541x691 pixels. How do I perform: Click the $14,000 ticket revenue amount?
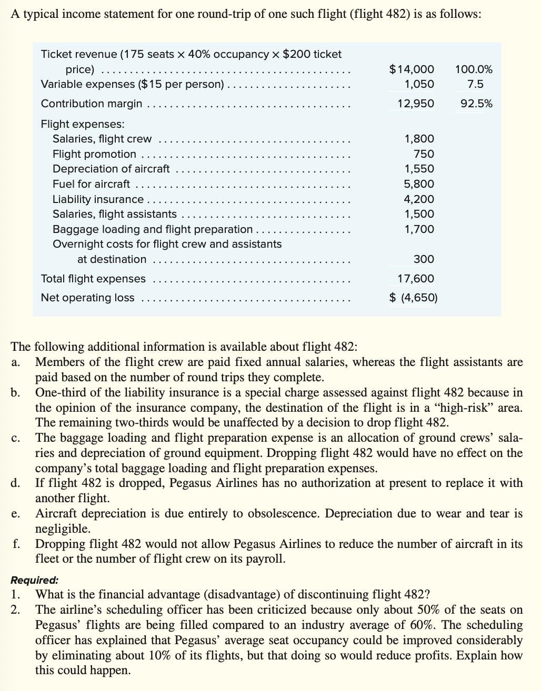[x=412, y=69]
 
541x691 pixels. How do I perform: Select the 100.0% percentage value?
[x=474, y=69]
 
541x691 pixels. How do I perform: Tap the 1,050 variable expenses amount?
[x=419, y=84]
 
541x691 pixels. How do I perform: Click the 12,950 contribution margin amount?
[x=416, y=104]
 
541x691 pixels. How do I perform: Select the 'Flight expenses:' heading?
[x=83, y=124]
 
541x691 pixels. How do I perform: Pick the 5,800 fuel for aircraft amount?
[x=419, y=184]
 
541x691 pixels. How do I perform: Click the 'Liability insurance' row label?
[x=98, y=199]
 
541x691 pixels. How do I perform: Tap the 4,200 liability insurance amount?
[x=419, y=199]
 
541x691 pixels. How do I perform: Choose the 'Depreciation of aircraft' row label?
[x=111, y=169]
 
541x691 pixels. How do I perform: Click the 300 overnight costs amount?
[x=424, y=259]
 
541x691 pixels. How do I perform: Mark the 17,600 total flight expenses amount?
[x=416, y=279]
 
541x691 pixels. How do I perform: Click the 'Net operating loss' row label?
[x=87, y=298]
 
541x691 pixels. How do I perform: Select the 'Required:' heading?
[x=35, y=581]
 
